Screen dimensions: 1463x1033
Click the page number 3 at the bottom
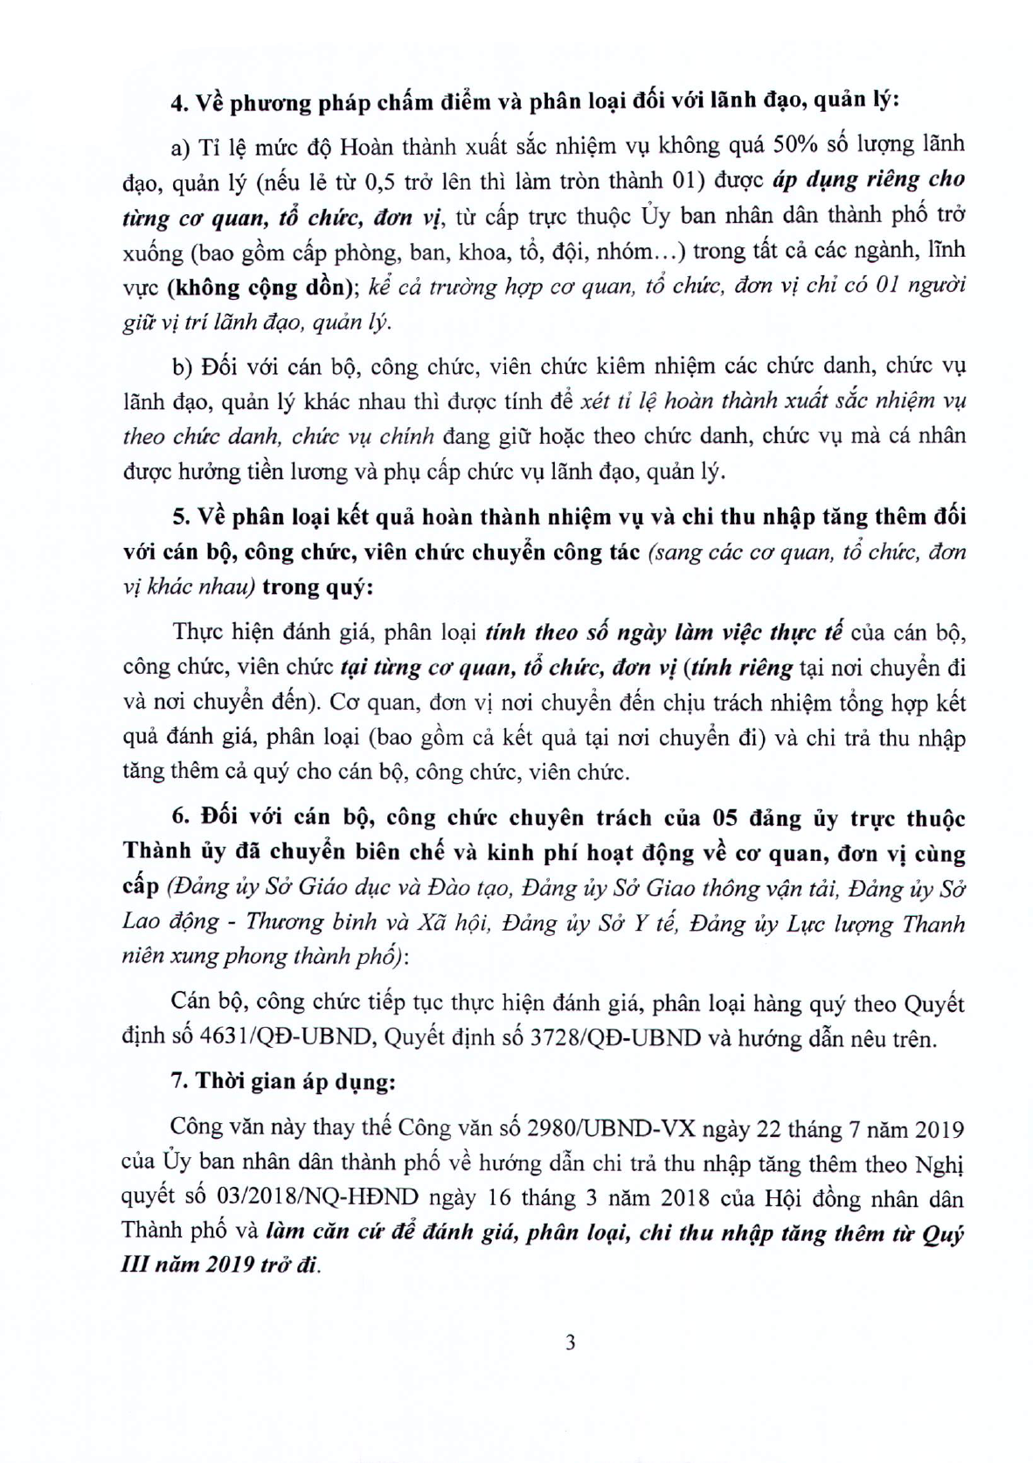click(571, 1342)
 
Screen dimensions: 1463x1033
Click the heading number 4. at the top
click(180, 102)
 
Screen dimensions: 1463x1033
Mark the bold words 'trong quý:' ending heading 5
click(317, 587)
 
